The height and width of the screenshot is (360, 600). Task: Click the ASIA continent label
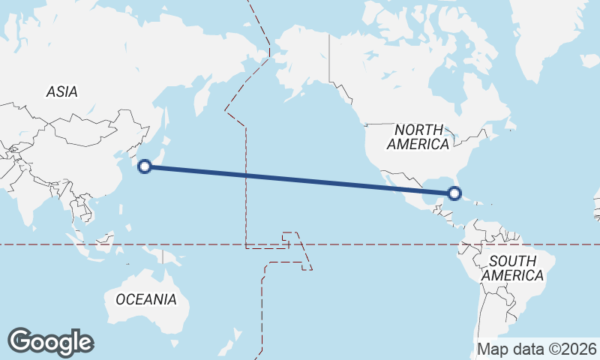coord(61,91)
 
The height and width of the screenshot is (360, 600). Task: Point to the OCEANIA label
coord(146,299)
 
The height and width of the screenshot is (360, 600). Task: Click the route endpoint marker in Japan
coord(145,166)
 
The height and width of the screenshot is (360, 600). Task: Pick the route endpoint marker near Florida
coord(454,193)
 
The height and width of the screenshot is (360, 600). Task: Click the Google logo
coord(50,341)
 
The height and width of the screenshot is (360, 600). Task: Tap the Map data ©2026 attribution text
coord(537,349)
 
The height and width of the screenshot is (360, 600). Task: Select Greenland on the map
coord(547,37)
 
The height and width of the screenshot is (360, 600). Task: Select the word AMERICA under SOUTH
coord(513,276)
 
